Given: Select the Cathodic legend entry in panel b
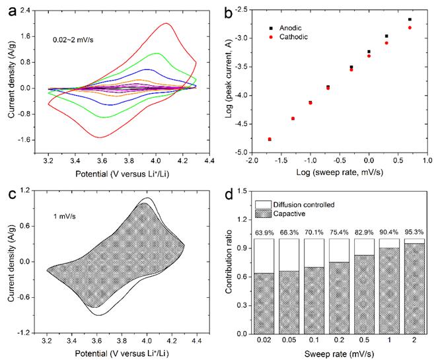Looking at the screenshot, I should (x=296, y=38).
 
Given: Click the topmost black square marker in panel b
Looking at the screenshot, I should (x=410, y=20).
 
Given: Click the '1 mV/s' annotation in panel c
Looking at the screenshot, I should (x=67, y=215).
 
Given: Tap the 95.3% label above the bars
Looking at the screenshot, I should (x=413, y=233).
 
